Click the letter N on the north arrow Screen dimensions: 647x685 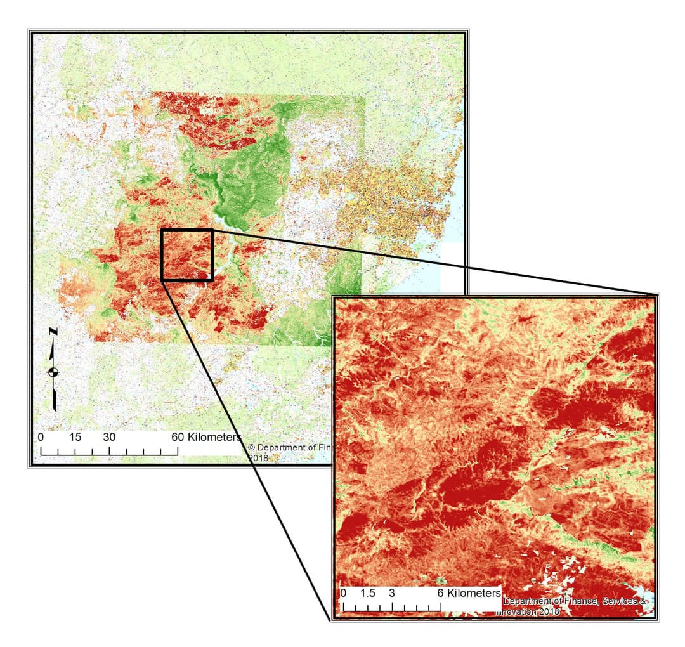[54, 332]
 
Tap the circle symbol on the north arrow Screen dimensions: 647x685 [54, 372]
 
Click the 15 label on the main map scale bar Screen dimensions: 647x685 [75, 437]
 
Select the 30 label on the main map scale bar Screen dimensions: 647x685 [109, 437]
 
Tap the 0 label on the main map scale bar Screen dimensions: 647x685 [41, 437]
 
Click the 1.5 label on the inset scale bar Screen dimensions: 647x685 [367, 593]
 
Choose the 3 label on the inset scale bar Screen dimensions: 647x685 [392, 593]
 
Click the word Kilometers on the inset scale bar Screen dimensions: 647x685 [474, 593]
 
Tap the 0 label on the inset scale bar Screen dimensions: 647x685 [343, 593]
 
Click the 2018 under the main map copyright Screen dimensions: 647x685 [259, 457]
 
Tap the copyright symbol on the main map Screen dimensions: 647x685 [251, 447]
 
